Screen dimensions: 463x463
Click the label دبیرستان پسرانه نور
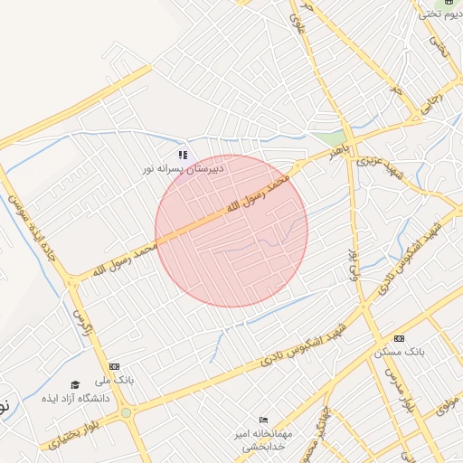182,169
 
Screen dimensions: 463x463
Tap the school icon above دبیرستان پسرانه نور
183,155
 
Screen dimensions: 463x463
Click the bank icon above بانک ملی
114,366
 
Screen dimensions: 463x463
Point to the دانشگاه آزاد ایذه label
75,399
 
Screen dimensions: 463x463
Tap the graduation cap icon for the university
75,385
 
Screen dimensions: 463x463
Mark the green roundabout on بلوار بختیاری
126,412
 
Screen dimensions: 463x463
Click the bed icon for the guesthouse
263,420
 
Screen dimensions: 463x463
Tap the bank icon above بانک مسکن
399,337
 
